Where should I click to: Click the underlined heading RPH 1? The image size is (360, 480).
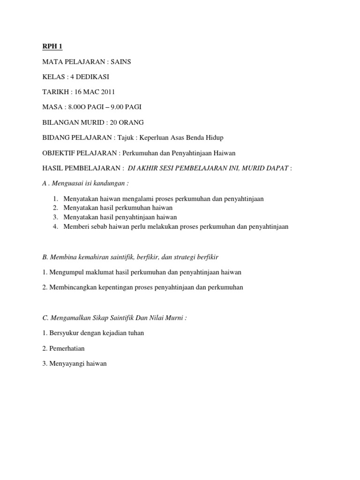[52, 46]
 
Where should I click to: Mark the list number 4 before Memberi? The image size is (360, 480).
[55, 226]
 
